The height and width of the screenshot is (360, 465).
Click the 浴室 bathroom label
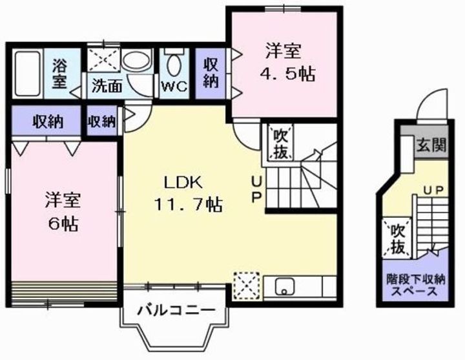click(x=60, y=72)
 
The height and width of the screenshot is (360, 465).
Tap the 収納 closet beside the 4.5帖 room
click(x=211, y=72)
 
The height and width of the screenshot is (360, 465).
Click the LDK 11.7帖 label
click(x=187, y=194)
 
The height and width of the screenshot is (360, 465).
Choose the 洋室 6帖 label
click(x=62, y=211)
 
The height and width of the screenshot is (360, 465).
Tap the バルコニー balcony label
click(x=175, y=311)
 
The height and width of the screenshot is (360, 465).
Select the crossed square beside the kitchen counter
click(x=246, y=284)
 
